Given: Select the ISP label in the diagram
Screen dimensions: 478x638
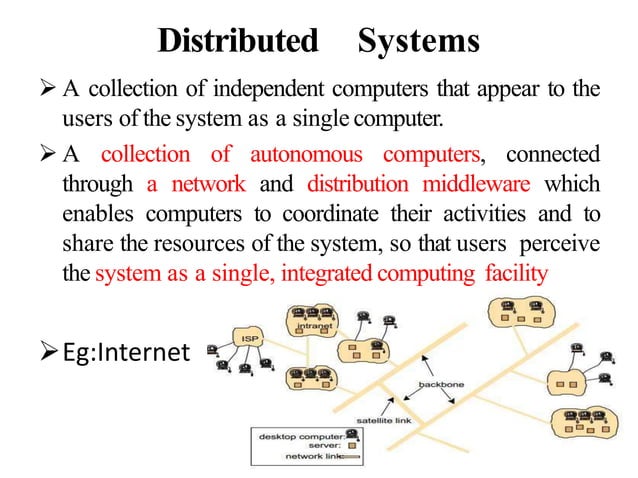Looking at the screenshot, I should [x=251, y=337].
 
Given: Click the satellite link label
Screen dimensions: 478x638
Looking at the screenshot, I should [x=385, y=420].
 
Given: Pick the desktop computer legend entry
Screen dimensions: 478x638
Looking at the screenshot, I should [x=299, y=436].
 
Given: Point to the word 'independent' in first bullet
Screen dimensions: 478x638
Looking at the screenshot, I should [x=251, y=92].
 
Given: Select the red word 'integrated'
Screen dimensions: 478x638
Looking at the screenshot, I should [x=323, y=274].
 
